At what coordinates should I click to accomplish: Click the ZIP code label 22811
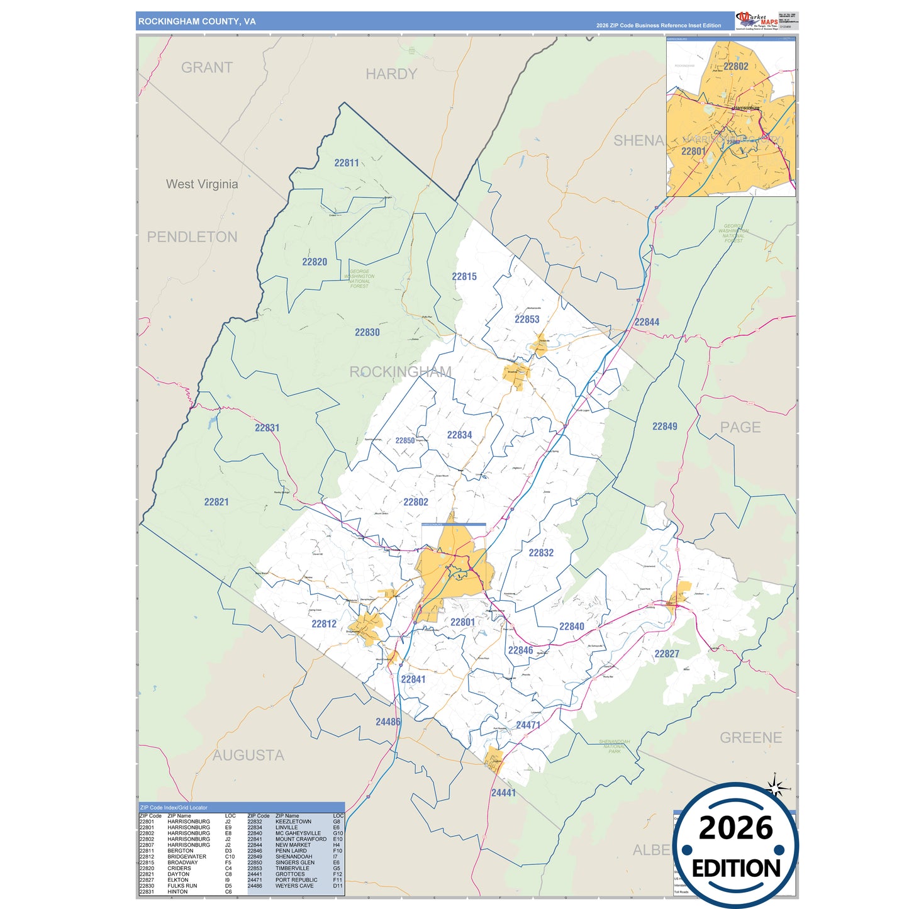347,163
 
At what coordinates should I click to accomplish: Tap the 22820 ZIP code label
315,262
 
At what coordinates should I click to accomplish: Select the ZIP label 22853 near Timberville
527,319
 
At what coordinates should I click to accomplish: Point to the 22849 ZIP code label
664,427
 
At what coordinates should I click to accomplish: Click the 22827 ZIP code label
666,654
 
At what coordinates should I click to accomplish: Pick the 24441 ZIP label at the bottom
503,793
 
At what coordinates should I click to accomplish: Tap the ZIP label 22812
324,624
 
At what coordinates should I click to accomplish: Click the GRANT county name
207,67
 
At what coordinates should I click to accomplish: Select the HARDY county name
391,74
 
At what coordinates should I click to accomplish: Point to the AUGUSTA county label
248,755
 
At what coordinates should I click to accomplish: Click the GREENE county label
750,737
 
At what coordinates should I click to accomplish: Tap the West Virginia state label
202,184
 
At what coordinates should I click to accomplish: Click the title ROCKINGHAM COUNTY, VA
197,21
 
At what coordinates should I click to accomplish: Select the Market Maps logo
757,20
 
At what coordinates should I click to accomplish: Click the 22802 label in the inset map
735,66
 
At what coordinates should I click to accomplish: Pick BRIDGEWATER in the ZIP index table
187,857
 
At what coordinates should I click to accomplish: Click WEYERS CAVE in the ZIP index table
294,886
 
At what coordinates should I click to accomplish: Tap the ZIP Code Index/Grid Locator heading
174,807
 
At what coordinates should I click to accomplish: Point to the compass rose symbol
776,786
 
